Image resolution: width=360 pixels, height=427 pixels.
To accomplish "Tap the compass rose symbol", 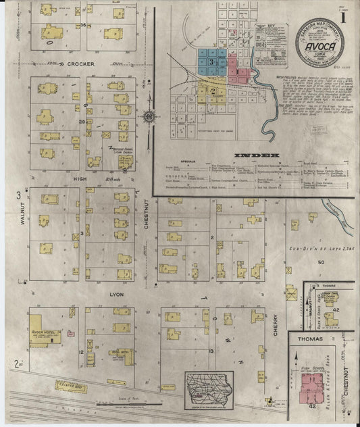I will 149,116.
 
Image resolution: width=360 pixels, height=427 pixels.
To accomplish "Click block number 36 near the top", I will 83,25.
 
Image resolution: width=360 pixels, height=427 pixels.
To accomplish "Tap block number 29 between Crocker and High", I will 82,122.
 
